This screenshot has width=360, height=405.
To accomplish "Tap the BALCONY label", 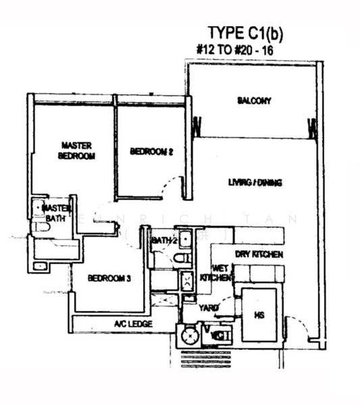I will (x=254, y=101).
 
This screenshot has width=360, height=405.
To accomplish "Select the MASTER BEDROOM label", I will (x=76, y=150).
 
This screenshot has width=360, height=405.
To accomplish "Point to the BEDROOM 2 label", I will (x=152, y=152).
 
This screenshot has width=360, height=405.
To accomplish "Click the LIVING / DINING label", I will (x=255, y=182).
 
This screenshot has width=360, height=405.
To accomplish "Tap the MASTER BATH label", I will (x=56, y=213).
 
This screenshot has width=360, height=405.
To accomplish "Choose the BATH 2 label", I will (x=164, y=240).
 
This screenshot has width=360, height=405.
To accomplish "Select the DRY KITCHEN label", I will (x=258, y=254).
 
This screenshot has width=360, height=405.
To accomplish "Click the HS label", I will (x=259, y=314).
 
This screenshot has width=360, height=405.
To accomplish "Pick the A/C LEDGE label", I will (x=133, y=325).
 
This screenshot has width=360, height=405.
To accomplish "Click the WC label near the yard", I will (x=218, y=333).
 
